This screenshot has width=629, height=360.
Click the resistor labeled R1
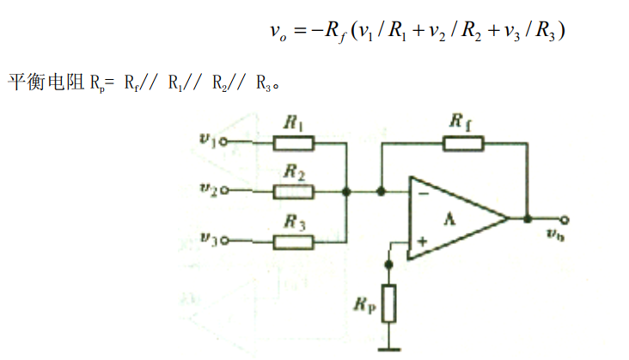295,143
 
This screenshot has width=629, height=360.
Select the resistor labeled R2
295,191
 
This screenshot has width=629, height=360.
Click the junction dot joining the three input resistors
345,191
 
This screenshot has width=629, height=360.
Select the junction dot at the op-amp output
527,218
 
